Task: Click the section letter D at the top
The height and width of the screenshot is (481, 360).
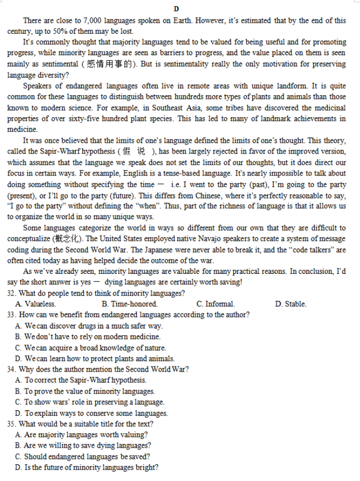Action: tap(176, 9)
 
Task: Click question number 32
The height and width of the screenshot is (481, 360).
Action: tap(12, 293)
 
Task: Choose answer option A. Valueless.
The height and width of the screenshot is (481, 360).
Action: tap(35, 304)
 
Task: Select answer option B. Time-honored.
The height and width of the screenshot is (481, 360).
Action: tap(130, 304)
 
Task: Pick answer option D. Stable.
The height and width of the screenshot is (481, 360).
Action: tap(290, 304)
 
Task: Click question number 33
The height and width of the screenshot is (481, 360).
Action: tap(12, 315)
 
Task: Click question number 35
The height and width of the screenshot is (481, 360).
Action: tap(12, 424)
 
